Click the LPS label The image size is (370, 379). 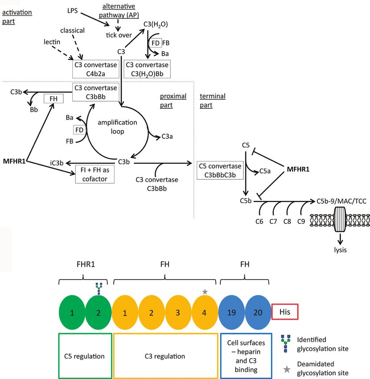pyautogui.click(x=73, y=11)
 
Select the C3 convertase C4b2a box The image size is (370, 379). pyautogui.click(x=96, y=69)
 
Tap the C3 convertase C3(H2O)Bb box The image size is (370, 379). pyautogui.click(x=147, y=69)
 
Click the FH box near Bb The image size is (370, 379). pyautogui.click(x=53, y=99)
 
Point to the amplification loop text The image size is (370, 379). pyautogui.click(x=117, y=127)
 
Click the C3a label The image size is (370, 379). pyautogui.click(x=167, y=136)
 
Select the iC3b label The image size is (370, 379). pyautogui.click(x=57, y=163)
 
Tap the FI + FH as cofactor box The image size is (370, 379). pyautogui.click(x=95, y=174)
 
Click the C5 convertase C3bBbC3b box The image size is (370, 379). pyautogui.click(x=220, y=170)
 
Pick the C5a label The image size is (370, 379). pyautogui.click(x=265, y=171)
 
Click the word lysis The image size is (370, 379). pyautogui.click(x=340, y=250)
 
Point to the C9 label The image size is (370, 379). pyautogui.click(x=301, y=222)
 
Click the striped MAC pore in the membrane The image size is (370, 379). pyautogui.click(x=340, y=219)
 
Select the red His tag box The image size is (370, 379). pyautogui.click(x=285, y=312)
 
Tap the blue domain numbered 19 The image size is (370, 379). pyautogui.click(x=231, y=312)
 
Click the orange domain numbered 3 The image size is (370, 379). pyautogui.click(x=178, y=312)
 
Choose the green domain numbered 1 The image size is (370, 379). pyautogui.click(x=72, y=312)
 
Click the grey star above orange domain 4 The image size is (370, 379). pyautogui.click(x=205, y=292)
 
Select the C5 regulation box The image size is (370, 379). pyautogui.click(x=85, y=356)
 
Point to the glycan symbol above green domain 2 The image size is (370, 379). pyautogui.click(x=99, y=289)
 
